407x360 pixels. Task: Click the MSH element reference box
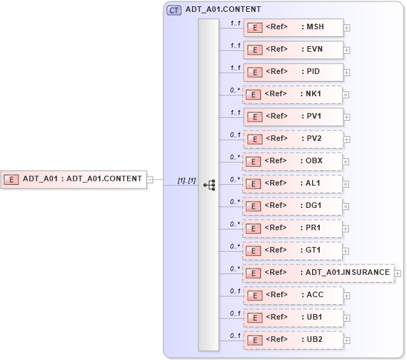coord(293,27)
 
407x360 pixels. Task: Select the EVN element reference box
coord(293,50)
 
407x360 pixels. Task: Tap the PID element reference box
coord(293,72)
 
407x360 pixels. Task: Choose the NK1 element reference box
coord(293,94)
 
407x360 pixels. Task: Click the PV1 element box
coord(293,117)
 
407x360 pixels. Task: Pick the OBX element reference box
coord(293,161)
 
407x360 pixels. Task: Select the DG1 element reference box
coord(293,206)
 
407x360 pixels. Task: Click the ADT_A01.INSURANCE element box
coord(318,273)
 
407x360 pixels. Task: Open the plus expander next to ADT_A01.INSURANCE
coord(398,273)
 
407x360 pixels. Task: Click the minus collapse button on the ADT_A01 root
coord(149,179)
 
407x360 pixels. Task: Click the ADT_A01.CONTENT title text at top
coord(223,10)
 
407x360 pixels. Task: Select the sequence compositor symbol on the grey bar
coord(209,185)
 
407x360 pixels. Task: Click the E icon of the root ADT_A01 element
coord(12,179)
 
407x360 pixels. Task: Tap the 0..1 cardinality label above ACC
coord(235,292)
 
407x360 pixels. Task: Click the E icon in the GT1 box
coord(256,250)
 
